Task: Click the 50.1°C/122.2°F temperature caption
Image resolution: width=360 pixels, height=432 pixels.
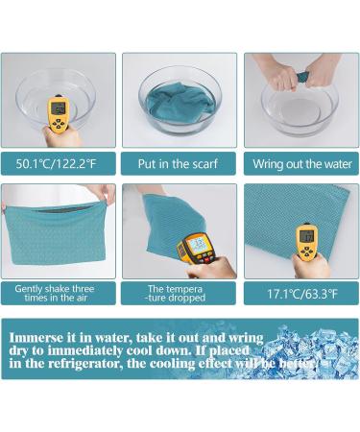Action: point(56,164)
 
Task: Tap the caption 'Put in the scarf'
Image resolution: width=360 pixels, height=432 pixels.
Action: point(178,164)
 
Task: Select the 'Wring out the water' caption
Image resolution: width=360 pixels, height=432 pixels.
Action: point(302,164)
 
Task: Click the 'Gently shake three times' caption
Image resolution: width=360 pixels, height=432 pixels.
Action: point(55,293)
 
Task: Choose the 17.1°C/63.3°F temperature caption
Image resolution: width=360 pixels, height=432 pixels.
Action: point(302,294)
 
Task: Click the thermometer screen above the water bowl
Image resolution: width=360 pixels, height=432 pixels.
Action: point(59,109)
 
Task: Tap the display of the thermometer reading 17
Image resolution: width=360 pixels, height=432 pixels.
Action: point(307,236)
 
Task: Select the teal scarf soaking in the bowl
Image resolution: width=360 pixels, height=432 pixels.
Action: point(180,102)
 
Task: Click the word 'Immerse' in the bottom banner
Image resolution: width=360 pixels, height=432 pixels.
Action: point(36,338)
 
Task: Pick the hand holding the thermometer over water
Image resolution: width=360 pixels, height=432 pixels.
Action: point(60,136)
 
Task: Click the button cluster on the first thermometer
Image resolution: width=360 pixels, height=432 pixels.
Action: point(59,123)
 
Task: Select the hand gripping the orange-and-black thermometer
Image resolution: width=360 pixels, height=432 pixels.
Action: point(211,268)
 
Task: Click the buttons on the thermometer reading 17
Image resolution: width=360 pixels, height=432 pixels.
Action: point(306,251)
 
